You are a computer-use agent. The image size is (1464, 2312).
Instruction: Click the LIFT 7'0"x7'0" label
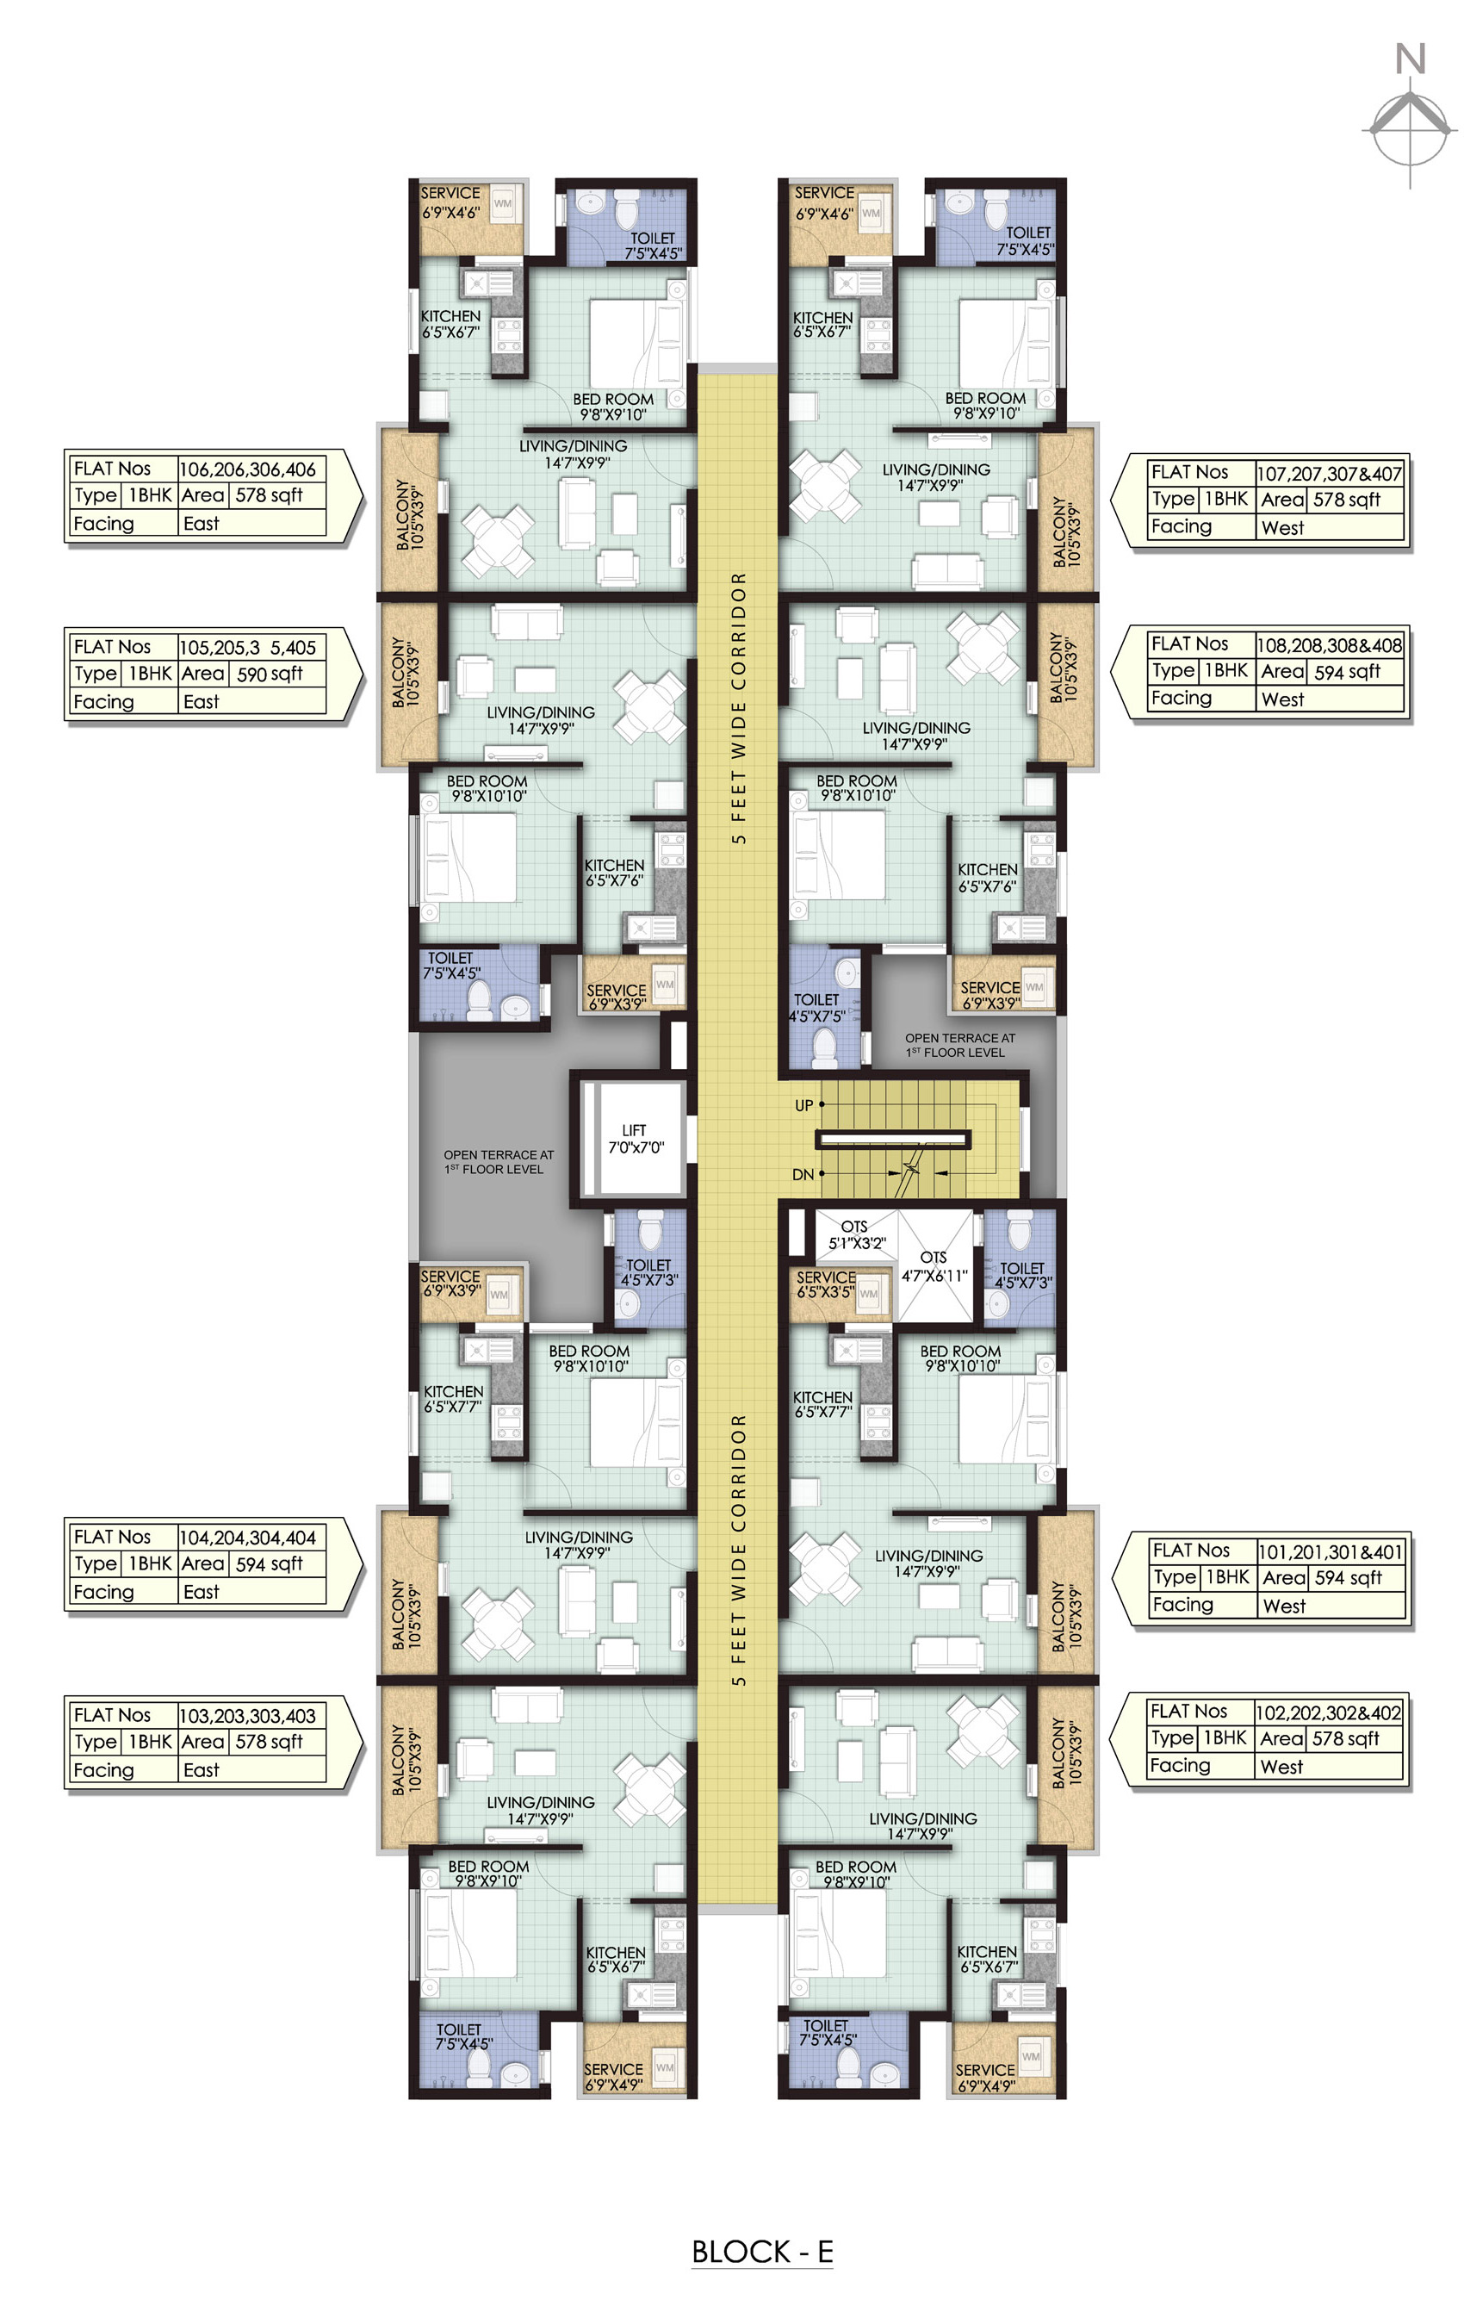coord(635,1139)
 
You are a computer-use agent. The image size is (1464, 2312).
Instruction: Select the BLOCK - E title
coord(761,2251)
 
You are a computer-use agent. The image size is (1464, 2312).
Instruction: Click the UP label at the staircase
coord(803,1105)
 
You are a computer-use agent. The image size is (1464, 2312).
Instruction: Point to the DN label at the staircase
coord(803,1174)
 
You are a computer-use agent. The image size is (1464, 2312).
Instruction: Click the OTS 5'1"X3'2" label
coord(855,1234)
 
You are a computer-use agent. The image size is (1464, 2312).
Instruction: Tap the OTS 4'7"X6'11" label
coord(934,1266)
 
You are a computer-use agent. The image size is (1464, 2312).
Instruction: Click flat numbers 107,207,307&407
coord(1329,474)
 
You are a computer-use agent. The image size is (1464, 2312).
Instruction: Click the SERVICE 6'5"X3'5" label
coord(826,1284)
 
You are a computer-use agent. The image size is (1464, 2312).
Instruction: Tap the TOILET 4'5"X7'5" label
coord(817,1007)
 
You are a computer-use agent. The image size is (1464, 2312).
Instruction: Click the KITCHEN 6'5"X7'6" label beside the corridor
coord(614,873)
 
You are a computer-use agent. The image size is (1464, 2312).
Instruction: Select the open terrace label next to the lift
coord(499,1162)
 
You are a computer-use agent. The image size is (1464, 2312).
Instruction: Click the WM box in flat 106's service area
coord(502,203)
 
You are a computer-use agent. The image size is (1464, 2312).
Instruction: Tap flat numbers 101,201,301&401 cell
coord(1330,1551)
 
